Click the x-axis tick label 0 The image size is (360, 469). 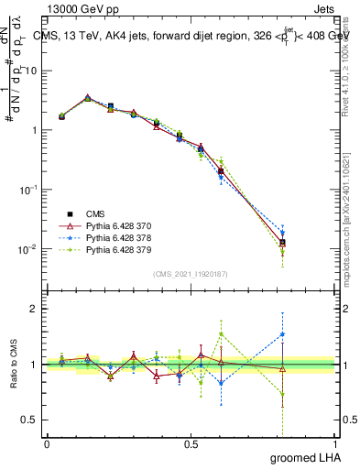click(x=47, y=444)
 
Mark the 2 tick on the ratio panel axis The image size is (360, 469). click(x=37, y=309)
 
